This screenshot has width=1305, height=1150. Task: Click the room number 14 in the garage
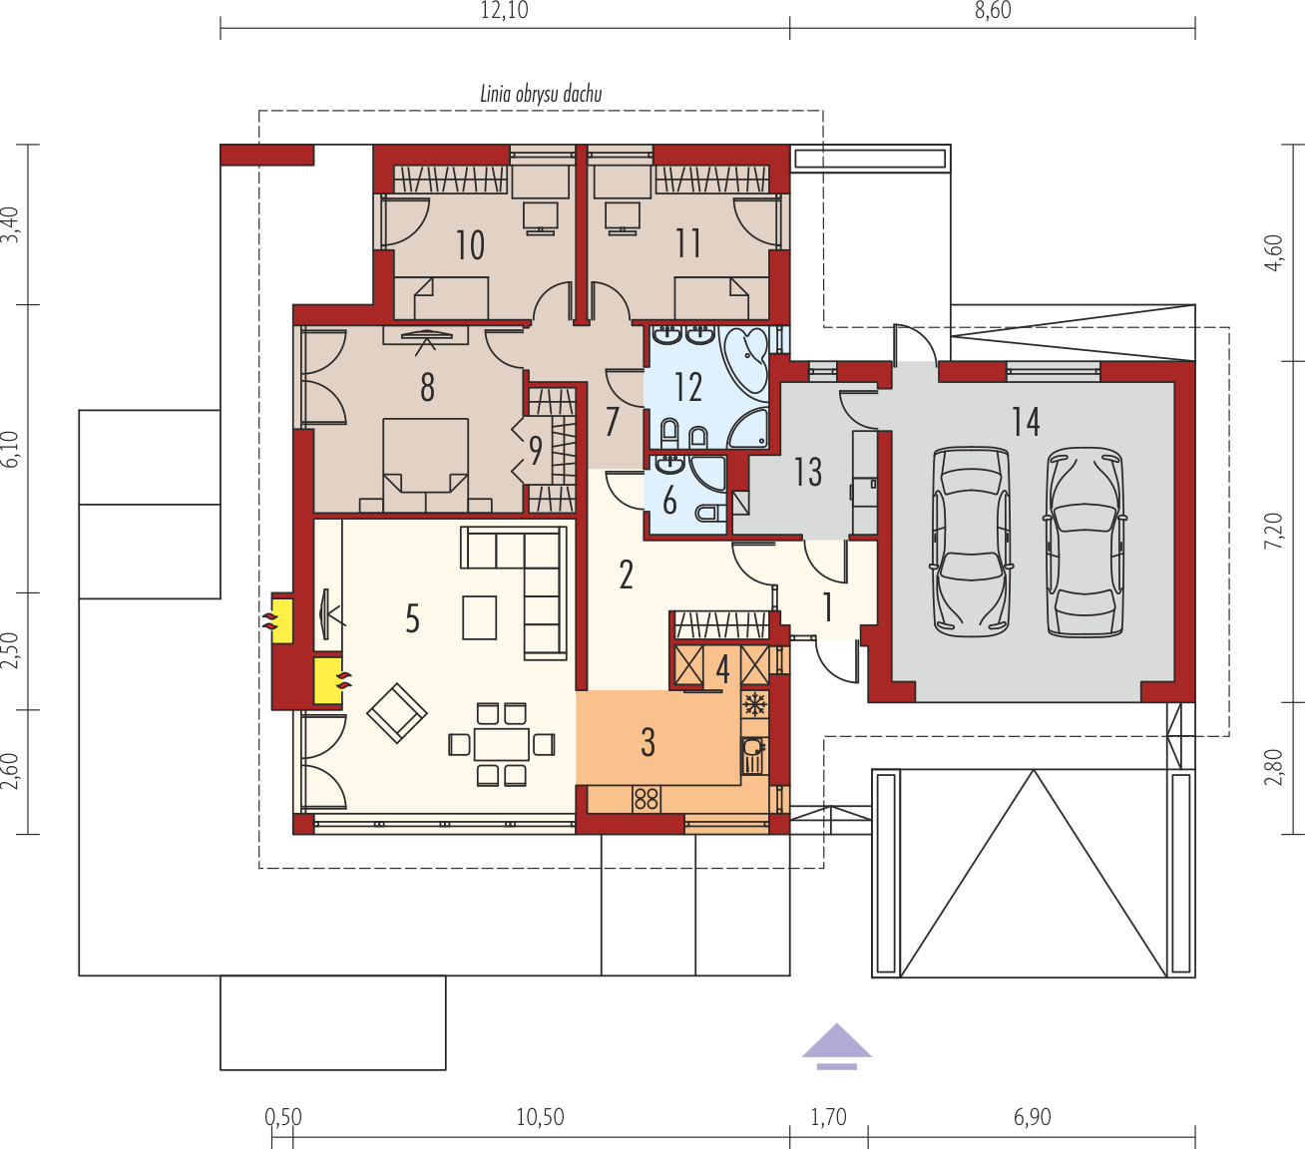point(1026,422)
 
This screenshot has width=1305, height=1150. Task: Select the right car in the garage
point(1086,543)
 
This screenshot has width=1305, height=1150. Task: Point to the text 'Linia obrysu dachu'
point(541,95)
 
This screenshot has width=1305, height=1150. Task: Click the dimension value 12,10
point(505,11)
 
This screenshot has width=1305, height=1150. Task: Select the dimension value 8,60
point(993,11)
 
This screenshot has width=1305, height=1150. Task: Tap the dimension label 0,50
point(283,1116)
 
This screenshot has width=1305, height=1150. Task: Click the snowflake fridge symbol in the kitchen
point(753,704)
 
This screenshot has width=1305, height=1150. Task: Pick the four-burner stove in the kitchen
point(647,799)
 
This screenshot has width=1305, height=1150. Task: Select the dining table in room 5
point(501,744)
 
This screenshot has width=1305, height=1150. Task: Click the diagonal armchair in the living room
point(397,713)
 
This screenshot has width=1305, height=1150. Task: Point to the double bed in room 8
point(425,465)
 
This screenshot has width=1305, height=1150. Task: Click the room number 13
point(808,472)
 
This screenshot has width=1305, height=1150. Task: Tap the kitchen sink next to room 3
point(751,755)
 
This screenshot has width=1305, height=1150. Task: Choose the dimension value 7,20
point(1273,531)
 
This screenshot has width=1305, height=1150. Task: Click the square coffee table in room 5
point(479,617)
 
